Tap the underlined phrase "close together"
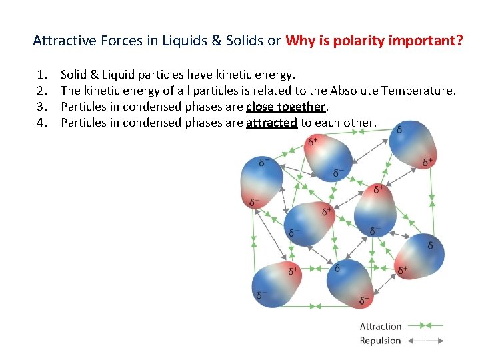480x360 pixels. (285, 107)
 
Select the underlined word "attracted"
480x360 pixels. (271, 123)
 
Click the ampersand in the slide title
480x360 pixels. (216, 41)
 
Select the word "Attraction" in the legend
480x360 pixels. (380, 326)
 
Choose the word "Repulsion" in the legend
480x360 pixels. (380, 341)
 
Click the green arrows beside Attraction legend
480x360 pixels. (425, 326)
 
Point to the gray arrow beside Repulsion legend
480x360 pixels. (425, 341)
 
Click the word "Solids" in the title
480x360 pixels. (245, 41)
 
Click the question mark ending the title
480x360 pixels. (459, 41)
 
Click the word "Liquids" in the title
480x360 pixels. (181, 41)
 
